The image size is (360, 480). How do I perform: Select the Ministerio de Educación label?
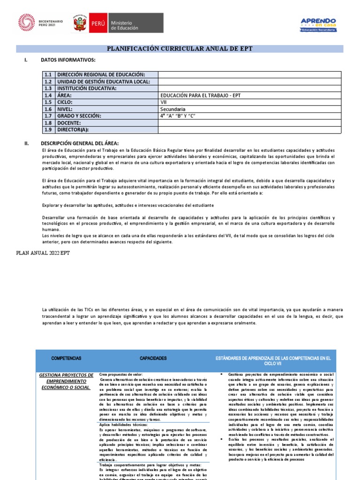[x=124, y=25]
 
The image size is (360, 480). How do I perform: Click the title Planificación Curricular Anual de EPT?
[x=180, y=49]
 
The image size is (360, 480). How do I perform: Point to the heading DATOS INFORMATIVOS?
[x=68, y=60]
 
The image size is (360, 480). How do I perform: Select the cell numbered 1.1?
[x=48, y=75]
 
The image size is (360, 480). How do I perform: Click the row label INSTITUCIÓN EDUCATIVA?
[x=86, y=88]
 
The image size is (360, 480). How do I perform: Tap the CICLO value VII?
[x=164, y=102]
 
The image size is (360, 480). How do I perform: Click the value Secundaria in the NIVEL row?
[x=173, y=109]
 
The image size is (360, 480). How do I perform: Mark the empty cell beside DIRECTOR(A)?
[x=249, y=130]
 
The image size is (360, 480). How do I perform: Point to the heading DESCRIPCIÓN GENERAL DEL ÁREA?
[x=80, y=143]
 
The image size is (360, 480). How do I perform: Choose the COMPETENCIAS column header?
[x=66, y=358]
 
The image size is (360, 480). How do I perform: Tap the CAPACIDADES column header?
[x=153, y=358]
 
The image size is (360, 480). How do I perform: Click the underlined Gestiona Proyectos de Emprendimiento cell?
[x=66, y=381]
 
